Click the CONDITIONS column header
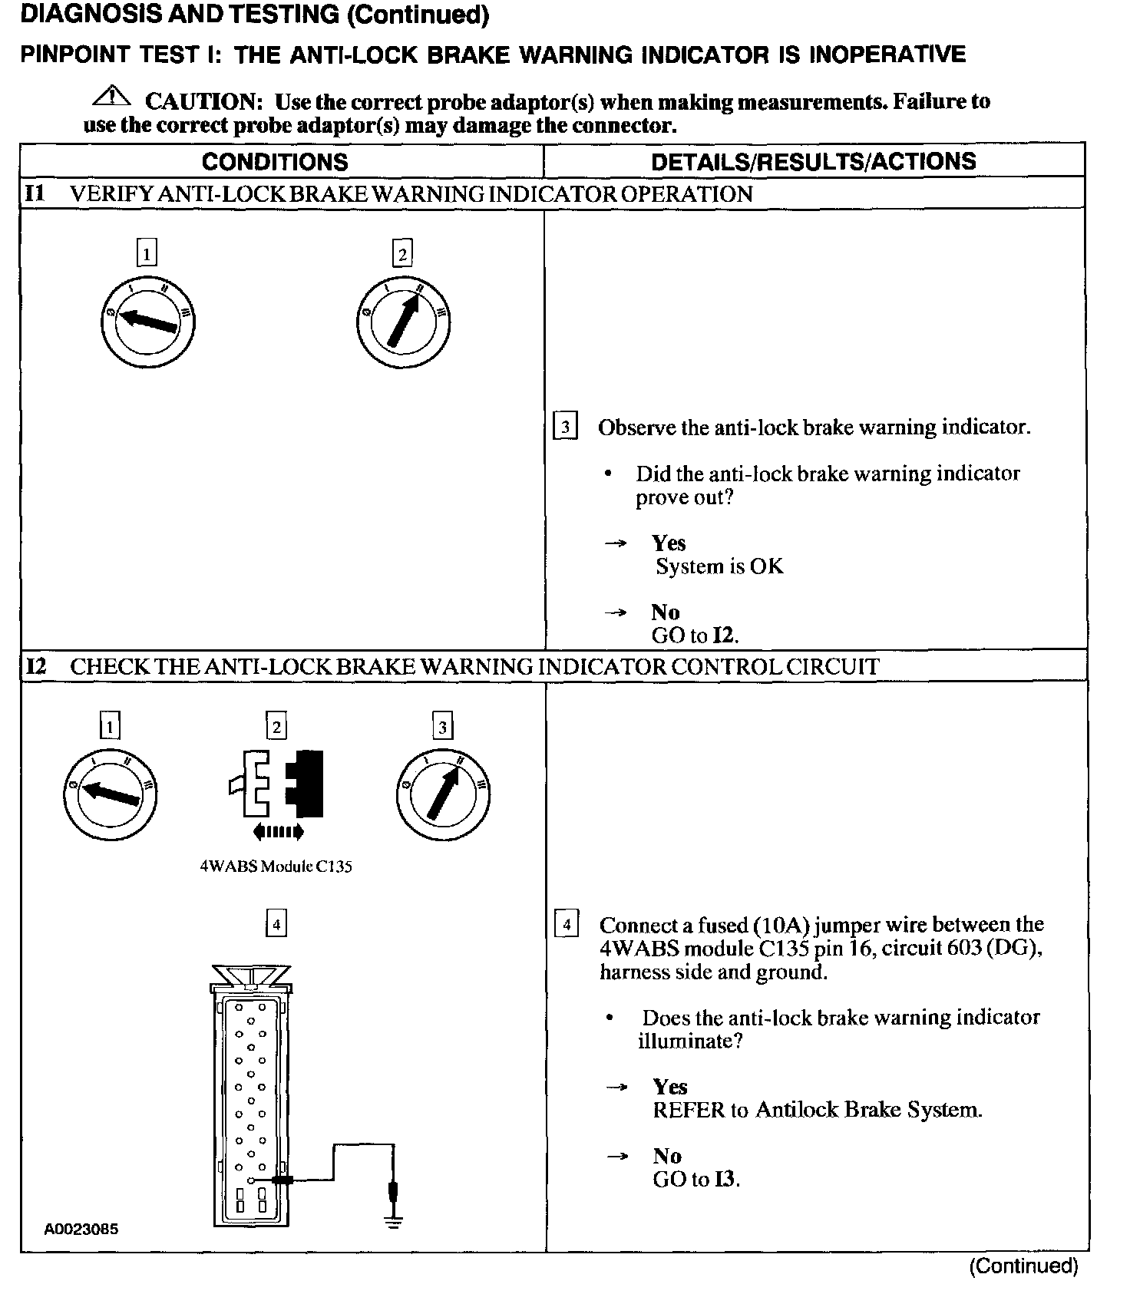[275, 162]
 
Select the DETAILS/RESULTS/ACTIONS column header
[813, 161]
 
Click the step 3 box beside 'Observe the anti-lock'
[565, 426]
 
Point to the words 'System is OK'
[719, 566]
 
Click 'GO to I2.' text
[695, 635]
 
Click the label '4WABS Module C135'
[276, 867]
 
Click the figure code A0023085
[81, 1229]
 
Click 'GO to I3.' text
[696, 1179]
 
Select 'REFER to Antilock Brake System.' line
[817, 1110]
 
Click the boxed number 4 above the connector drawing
[276, 923]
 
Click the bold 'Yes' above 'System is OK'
[669, 543]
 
